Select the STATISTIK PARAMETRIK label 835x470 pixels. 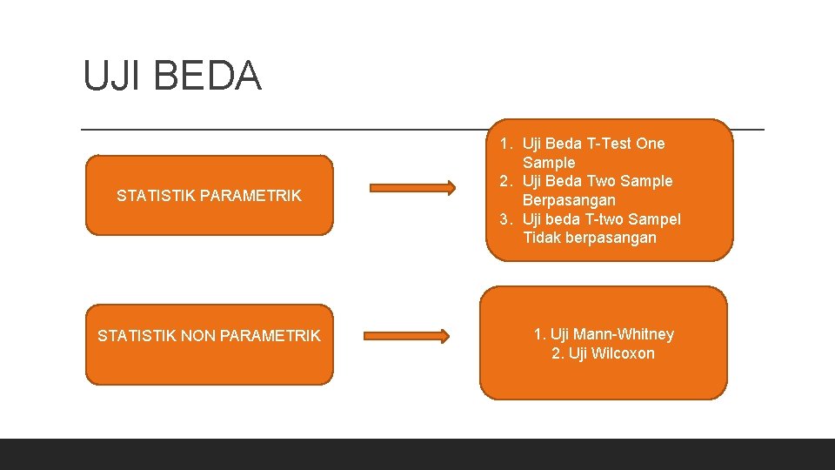coord(209,196)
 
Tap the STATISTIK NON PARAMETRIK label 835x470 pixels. coord(209,336)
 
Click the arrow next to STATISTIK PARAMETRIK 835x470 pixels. coord(412,187)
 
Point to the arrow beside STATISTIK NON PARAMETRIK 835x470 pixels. coord(406,336)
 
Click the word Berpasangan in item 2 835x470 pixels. coord(569,200)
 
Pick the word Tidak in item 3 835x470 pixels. coord(542,238)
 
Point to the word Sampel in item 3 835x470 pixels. coord(655,218)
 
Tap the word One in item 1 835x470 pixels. coord(650,144)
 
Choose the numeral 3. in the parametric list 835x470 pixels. coord(506,218)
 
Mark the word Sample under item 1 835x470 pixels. coord(549,163)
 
